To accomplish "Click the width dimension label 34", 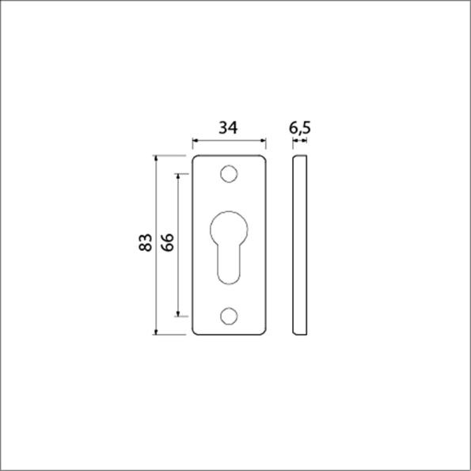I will pos(228,127).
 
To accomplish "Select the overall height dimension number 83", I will pos(145,243).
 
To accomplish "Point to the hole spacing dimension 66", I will pos(166,243).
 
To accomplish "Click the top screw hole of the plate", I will pos(229,173).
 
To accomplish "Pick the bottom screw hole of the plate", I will pos(229,316).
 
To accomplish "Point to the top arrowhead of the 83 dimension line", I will pos(157,158).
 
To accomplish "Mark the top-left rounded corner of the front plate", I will pos(196,158).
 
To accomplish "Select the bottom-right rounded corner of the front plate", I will pos(263,332).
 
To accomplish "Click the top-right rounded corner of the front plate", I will pos(263,158).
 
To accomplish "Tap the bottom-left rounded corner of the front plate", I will pos(196,332).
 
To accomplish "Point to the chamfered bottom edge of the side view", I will pos(299,332).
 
